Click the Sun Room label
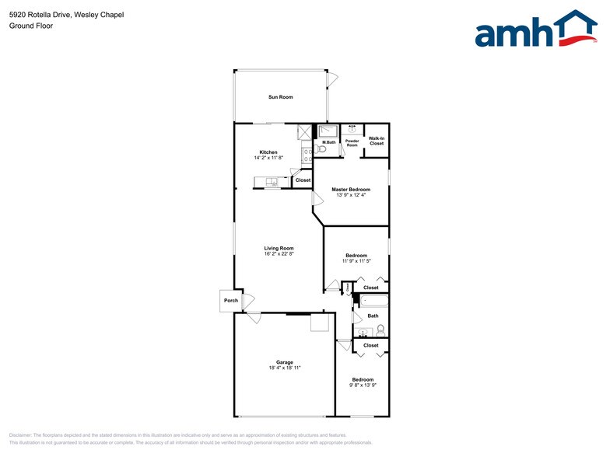[x=280, y=97]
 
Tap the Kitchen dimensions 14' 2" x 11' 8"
[x=268, y=158]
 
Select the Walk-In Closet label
[x=377, y=141]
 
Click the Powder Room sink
[x=352, y=128]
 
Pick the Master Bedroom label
[x=351, y=190]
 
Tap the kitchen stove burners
[x=307, y=155]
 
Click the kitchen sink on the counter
[x=272, y=182]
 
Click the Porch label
[x=230, y=301]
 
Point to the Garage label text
[x=284, y=363]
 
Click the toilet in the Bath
[x=380, y=330]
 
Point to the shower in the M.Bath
[x=328, y=131]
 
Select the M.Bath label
[x=328, y=142]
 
